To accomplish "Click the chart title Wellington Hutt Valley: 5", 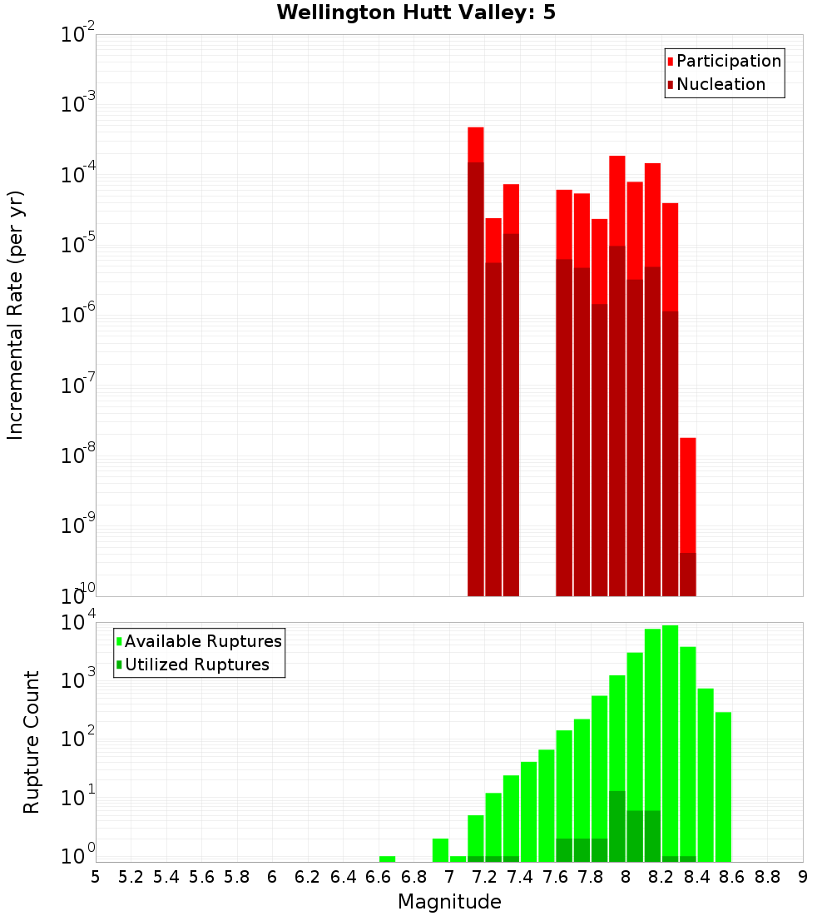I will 416,12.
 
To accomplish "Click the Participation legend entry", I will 724,61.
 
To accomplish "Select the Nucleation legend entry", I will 716,84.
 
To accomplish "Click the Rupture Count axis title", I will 32,742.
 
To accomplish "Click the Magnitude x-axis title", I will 449,902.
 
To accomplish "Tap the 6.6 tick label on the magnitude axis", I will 378,877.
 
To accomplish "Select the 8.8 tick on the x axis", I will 767,877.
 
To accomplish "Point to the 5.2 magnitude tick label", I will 131,877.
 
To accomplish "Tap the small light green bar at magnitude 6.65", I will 387,859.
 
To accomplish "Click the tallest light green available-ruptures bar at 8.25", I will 671,741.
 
